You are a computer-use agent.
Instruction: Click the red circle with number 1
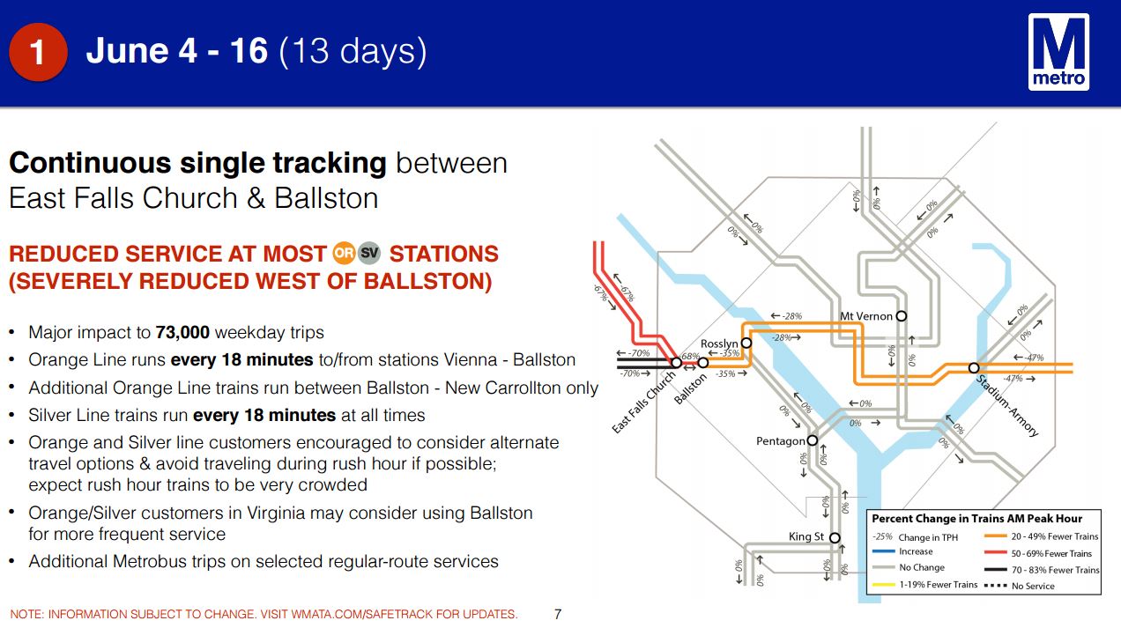point(38,52)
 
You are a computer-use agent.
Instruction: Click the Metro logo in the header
point(1058,52)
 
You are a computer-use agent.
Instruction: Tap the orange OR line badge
point(344,253)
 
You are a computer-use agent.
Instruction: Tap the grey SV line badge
point(369,253)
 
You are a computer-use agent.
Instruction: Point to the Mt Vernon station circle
point(901,316)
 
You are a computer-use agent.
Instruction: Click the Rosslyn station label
point(719,344)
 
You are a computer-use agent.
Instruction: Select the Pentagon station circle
point(813,440)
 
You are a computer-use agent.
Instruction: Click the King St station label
point(805,536)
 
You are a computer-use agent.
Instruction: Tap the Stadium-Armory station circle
point(973,368)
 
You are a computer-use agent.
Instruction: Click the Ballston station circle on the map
point(703,363)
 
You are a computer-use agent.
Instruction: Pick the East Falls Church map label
point(643,403)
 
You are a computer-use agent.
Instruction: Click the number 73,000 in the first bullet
point(182,333)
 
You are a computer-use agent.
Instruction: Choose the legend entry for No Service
point(1019,586)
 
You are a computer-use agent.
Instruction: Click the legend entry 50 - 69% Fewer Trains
point(1042,553)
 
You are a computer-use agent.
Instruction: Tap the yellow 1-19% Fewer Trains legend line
point(883,585)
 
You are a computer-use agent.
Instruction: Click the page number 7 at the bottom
point(558,614)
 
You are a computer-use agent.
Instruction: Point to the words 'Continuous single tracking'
point(197,163)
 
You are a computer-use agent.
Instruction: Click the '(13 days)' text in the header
point(353,51)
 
